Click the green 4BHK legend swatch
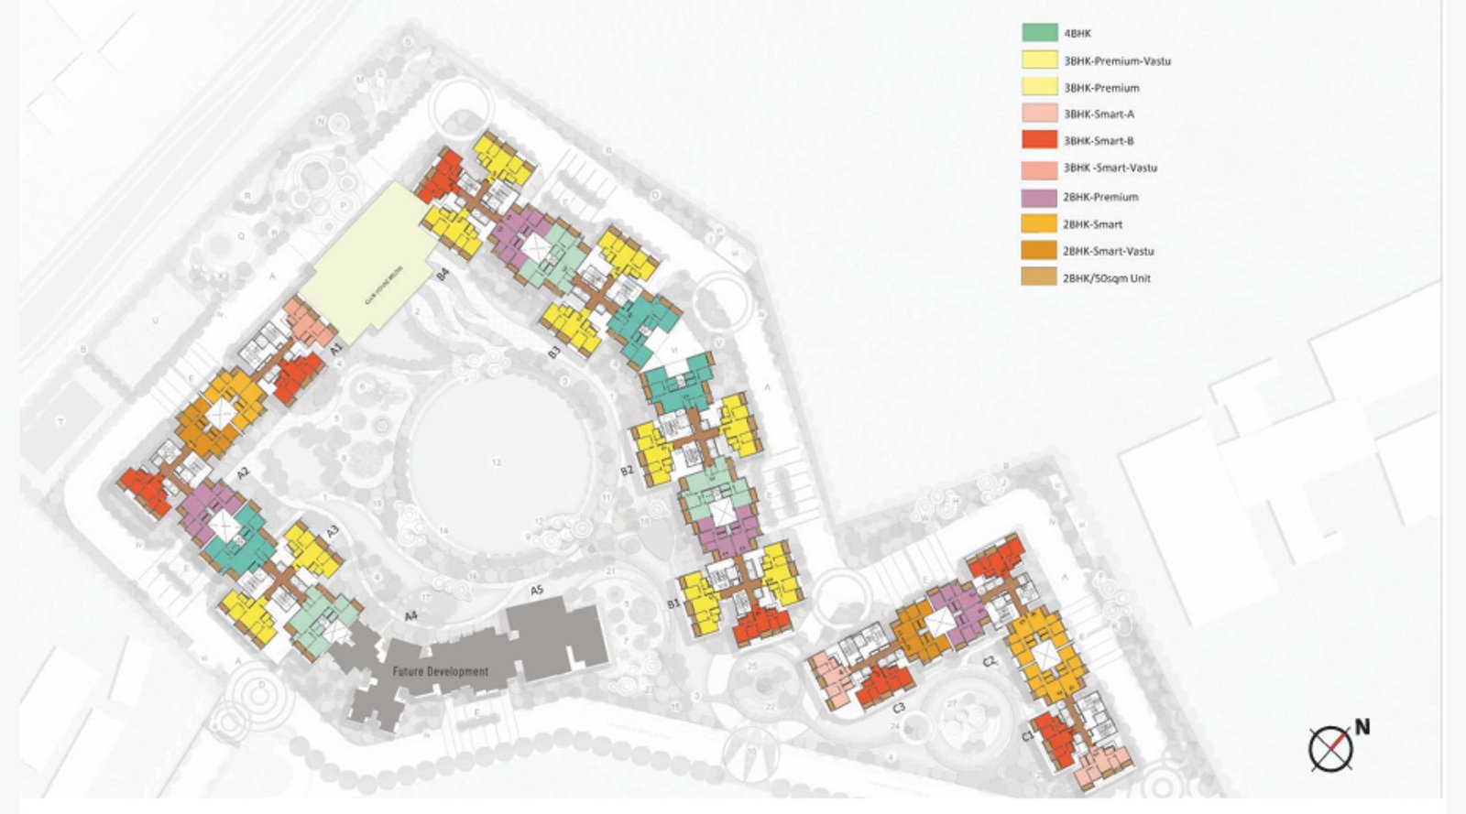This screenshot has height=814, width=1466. pos(1039,33)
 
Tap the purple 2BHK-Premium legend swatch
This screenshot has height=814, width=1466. pos(1039,197)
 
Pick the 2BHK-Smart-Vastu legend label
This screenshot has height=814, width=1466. pos(1108,251)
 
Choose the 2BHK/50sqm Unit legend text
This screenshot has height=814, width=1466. pos(1106,278)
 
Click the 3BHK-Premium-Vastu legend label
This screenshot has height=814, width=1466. pos(1117,61)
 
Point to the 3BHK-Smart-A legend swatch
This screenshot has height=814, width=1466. pos(1039,114)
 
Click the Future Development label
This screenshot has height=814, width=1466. pos(441,671)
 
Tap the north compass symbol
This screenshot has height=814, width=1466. pos(1330,748)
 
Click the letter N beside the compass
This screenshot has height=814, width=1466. pos(1362,728)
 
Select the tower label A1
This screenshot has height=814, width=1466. pos(336,349)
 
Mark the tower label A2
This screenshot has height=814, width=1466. pos(243,473)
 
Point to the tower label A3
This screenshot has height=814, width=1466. pos(332,531)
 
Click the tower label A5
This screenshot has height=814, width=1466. pos(537,591)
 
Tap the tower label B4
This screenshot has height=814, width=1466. pos(442,272)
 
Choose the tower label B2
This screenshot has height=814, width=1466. pos(627,471)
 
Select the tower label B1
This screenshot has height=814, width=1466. pos(673,604)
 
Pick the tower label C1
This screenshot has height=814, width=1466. pos(1027,736)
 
